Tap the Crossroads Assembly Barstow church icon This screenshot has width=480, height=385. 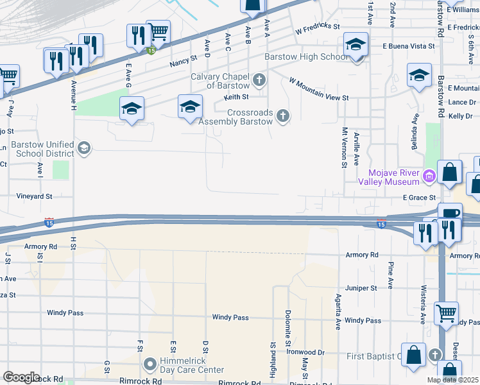point(282,116)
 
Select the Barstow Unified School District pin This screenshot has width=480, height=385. point(83,150)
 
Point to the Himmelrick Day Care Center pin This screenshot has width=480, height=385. point(150,365)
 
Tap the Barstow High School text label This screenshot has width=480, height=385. point(307,57)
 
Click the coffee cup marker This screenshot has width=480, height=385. point(449,213)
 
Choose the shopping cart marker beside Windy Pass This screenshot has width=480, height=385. point(446,314)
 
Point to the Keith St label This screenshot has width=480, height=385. point(236,98)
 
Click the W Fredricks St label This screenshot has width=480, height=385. point(317,27)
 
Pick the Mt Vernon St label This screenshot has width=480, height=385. point(345,148)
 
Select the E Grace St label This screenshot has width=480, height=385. point(420,198)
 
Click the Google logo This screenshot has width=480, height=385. point(21,377)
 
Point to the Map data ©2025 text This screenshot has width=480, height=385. point(452,380)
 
